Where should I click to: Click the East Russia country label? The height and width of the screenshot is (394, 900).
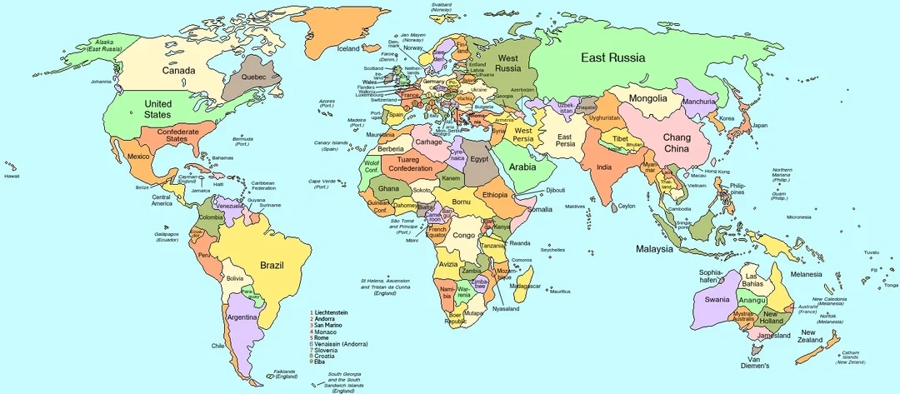tap(613, 57)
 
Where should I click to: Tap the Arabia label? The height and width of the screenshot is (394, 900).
tap(522, 167)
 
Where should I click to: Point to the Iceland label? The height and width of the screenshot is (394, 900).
tap(348, 49)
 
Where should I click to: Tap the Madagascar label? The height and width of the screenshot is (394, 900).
tap(524, 287)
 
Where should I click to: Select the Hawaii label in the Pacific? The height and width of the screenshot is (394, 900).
tap(11, 177)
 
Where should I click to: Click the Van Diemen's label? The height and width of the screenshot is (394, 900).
tap(755, 362)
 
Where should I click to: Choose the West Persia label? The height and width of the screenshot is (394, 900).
tap(522, 134)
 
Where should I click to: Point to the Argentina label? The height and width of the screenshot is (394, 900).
tap(242, 317)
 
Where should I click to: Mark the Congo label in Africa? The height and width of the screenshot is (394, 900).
tap(463, 235)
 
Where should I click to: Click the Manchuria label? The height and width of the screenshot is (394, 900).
tap(698, 102)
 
